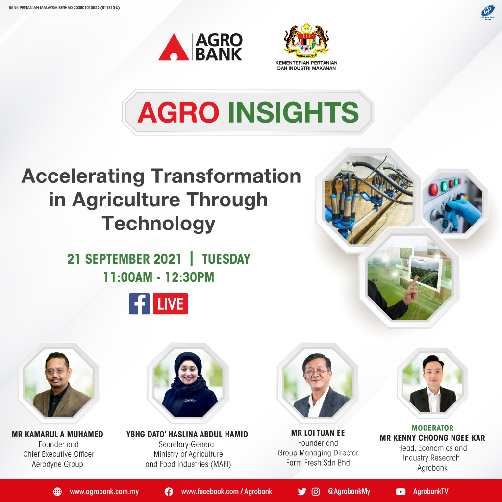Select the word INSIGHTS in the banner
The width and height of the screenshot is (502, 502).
coord(294,112)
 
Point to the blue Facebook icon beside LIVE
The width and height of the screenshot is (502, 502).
coord(139,303)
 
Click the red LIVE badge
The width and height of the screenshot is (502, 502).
coord(171,303)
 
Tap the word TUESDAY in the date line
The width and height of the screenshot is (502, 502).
coord(226,259)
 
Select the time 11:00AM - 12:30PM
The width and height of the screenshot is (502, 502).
coord(159,277)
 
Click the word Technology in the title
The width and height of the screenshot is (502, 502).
coord(159,224)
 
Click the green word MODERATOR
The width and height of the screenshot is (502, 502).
coord(432,428)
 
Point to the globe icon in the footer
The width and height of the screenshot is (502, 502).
coord(58,491)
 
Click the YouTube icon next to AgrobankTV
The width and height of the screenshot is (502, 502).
coord(401,491)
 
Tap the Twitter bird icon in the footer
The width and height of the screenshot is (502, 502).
coord(302,491)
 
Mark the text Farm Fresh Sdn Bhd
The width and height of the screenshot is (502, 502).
coord(318,463)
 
